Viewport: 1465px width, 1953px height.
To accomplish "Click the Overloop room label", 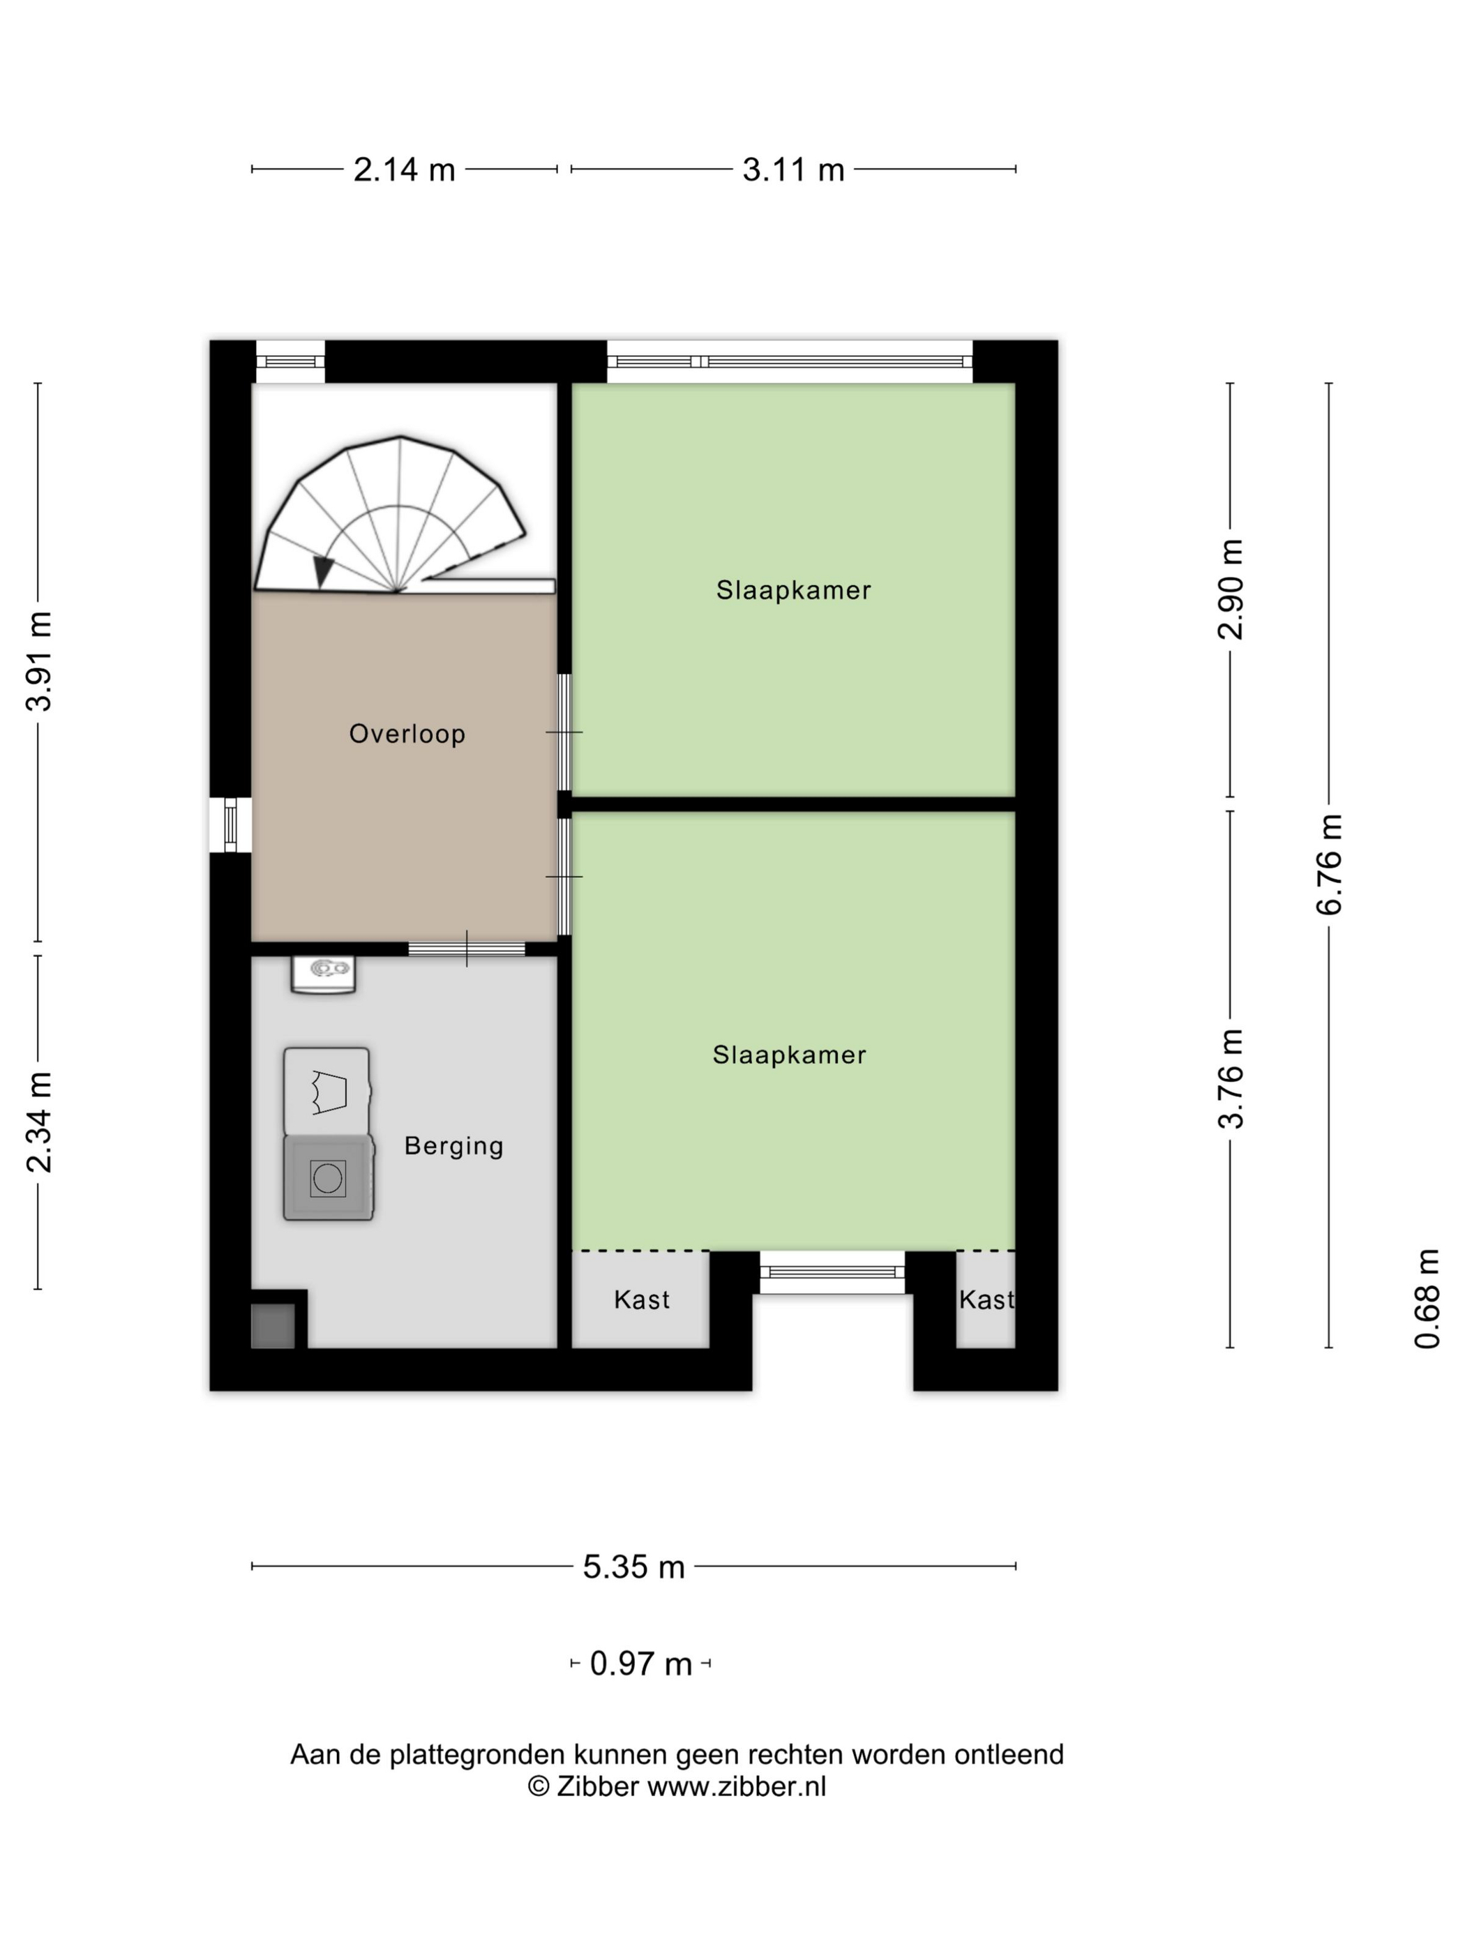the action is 407,734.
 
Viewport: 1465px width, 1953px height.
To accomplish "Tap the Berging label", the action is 454,1146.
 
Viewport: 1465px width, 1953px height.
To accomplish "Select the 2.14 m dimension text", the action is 405,169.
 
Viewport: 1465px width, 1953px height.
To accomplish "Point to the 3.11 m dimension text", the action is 793,169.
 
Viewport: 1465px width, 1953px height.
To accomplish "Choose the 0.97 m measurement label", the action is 641,1664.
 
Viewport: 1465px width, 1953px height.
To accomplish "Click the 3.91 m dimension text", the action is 40,661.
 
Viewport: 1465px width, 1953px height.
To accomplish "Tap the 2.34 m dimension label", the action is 40,1123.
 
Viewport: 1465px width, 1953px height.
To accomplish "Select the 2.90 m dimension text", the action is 1230,589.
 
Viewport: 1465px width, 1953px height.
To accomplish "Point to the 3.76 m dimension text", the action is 1230,1079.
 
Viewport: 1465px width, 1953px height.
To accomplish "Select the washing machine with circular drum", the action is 329,1178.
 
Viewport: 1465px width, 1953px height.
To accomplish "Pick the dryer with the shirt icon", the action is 326,1092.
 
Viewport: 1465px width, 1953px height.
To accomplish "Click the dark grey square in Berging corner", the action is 273,1326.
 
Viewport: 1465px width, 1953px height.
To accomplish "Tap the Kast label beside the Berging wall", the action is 642,1299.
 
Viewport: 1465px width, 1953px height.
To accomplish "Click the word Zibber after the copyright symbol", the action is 597,1786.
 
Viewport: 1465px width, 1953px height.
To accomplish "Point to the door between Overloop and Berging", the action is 466,949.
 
